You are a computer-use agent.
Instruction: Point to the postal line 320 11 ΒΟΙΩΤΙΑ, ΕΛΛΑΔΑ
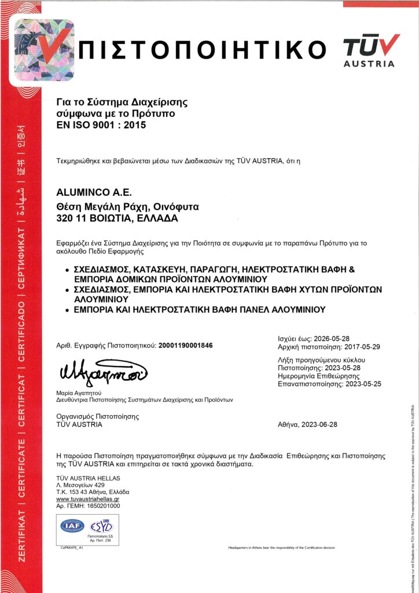(x=117, y=218)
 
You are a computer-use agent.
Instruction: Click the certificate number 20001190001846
(x=185, y=345)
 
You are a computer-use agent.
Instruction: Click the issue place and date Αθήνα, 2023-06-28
(x=307, y=424)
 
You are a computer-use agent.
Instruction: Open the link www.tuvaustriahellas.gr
(x=87, y=499)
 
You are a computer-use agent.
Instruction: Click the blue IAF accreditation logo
(x=72, y=526)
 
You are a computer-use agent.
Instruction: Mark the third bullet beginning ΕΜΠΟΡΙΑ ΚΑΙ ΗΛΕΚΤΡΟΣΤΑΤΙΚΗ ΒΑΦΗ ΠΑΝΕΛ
(x=200, y=310)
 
